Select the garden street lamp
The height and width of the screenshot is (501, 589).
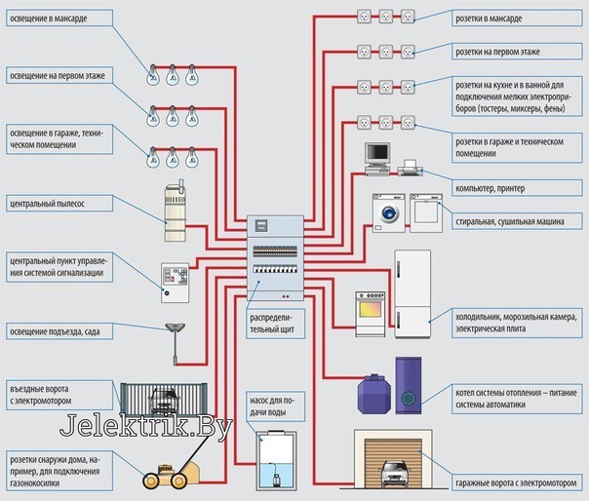click(176, 341)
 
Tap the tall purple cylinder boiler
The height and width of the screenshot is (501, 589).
click(407, 382)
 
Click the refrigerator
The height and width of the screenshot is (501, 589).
click(411, 292)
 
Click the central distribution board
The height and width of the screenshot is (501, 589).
click(274, 259)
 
